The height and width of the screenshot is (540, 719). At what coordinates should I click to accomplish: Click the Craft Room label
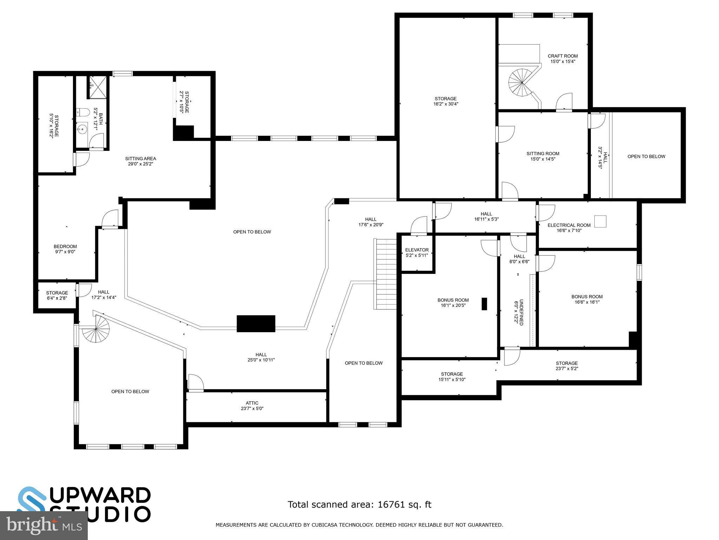click(x=562, y=56)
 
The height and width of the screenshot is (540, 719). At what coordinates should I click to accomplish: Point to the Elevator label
click(x=417, y=250)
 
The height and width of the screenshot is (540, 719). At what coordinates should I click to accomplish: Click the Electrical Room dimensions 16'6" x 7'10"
click(x=569, y=231)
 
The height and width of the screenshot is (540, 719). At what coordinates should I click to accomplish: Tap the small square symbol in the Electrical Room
click(x=601, y=221)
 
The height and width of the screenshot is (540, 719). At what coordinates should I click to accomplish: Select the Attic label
click(x=252, y=403)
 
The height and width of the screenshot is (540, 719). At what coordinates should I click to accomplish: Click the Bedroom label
click(x=65, y=246)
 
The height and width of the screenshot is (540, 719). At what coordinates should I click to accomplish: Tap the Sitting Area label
click(x=140, y=159)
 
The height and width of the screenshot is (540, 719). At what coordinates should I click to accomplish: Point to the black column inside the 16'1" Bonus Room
click(x=484, y=304)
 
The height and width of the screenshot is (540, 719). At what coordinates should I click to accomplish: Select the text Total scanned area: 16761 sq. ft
click(x=359, y=504)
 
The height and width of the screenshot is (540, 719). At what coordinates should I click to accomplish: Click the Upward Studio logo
click(x=84, y=504)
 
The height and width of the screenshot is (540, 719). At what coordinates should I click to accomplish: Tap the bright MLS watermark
click(x=44, y=526)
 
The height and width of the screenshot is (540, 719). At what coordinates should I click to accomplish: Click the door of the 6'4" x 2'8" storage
click(x=84, y=289)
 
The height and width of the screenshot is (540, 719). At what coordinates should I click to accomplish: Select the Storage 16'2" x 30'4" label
click(x=446, y=99)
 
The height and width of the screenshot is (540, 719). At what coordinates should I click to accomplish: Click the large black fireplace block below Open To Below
click(x=256, y=324)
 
